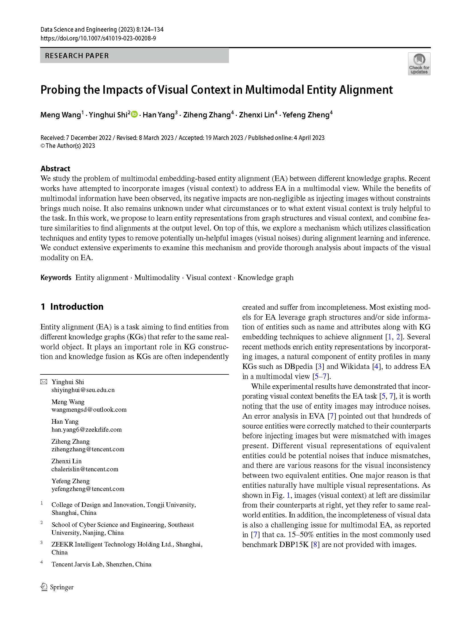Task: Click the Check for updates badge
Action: click(419, 64)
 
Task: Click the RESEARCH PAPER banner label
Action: click(77, 56)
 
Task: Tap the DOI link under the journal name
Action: click(98, 38)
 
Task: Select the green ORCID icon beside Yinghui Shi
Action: click(134, 114)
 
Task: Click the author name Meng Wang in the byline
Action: click(61, 115)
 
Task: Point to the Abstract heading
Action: click(55, 168)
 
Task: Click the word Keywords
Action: click(56, 278)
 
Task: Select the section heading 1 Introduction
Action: click(72, 307)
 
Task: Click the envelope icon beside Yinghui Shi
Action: click(44, 382)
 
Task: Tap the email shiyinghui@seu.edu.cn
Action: click(83, 390)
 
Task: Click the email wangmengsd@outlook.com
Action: click(89, 409)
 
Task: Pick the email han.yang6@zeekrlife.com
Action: click(86, 429)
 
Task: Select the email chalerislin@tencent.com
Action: click(85, 469)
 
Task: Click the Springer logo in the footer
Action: click(57, 587)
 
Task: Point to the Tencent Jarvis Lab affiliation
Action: click(101, 564)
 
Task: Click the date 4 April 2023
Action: click(309, 138)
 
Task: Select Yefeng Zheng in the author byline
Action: click(306, 115)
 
